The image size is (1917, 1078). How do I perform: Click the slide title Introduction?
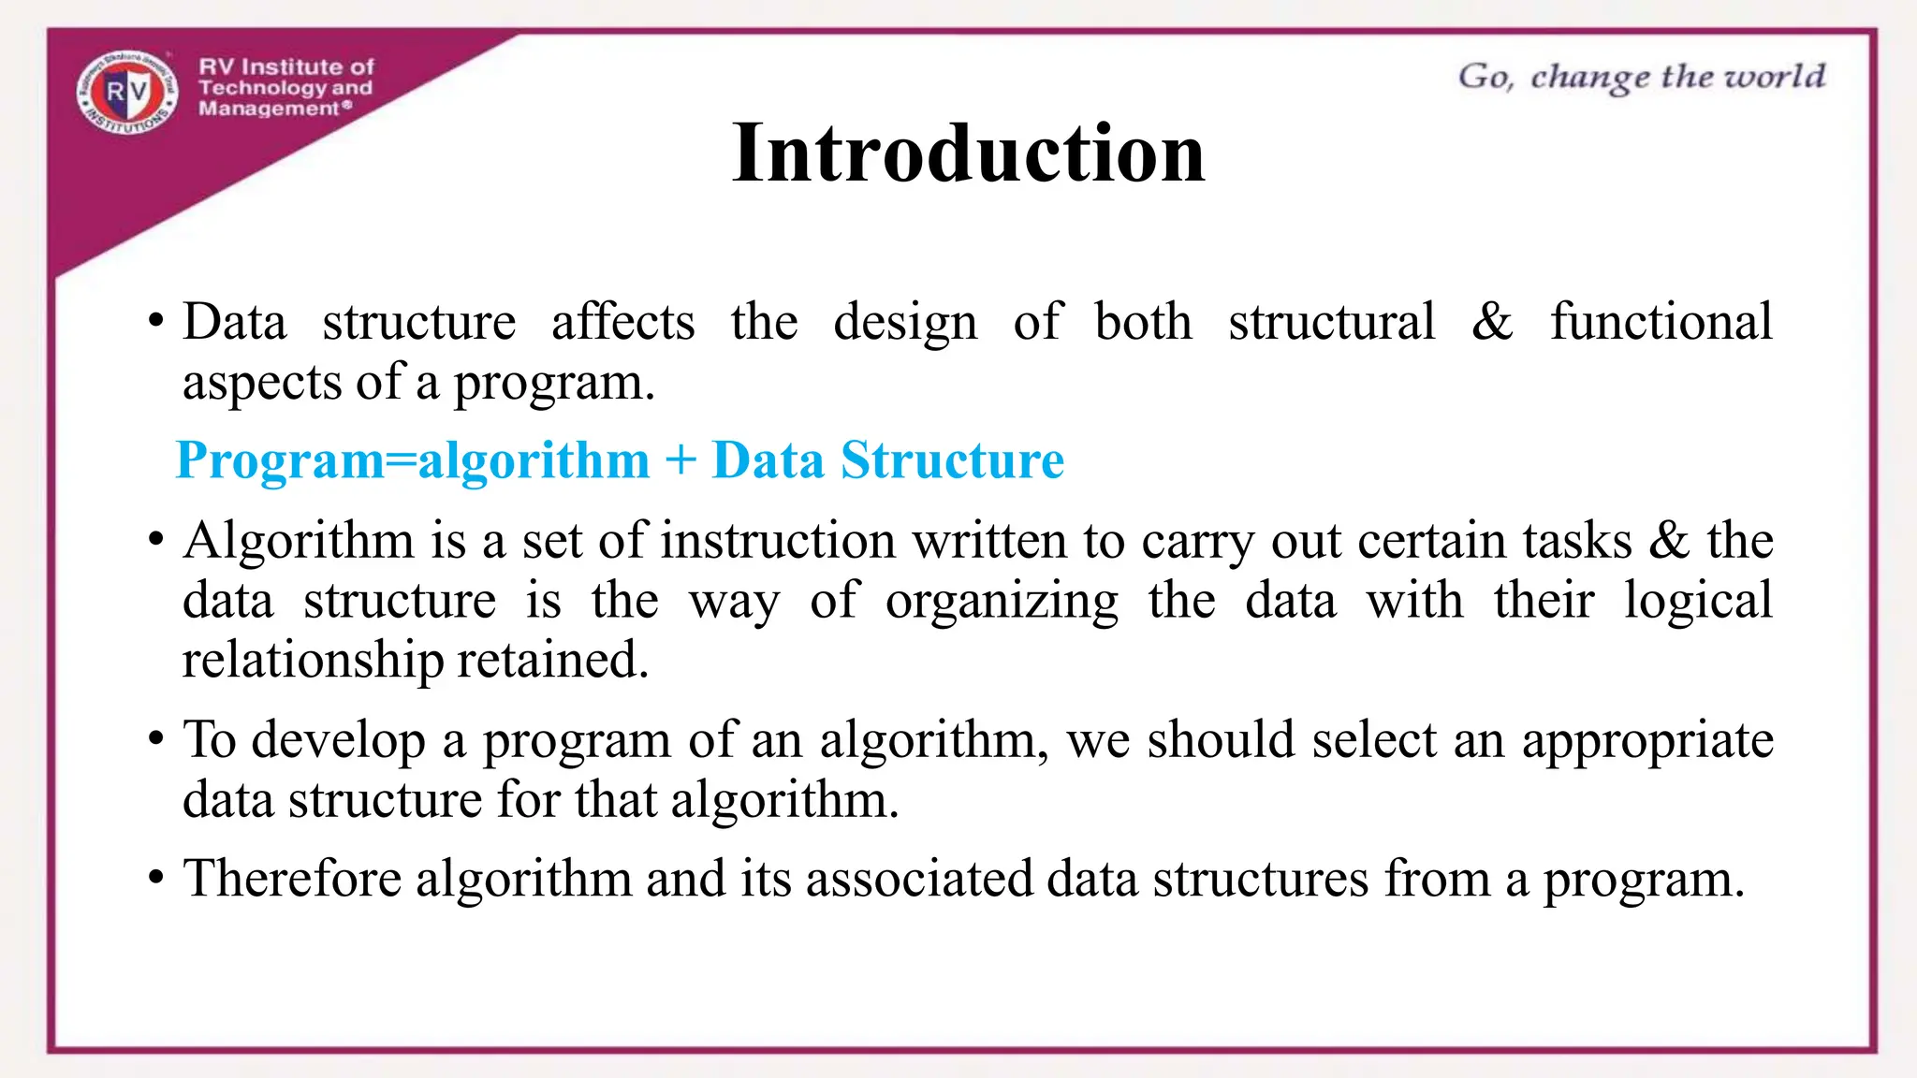pos(968,153)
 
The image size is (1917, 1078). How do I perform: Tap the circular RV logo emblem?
pos(127,92)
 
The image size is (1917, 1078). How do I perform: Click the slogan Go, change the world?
pos(1641,77)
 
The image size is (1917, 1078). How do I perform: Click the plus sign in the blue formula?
pos(680,460)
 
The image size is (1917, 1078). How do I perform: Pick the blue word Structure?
pos(952,460)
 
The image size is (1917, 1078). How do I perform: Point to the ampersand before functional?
pos(1491,322)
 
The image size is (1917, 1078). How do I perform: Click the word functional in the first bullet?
pos(1661,322)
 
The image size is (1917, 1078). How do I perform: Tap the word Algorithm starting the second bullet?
pos(299,541)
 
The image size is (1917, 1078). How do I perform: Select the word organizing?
pos(1002,602)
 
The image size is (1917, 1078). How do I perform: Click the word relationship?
pos(313,660)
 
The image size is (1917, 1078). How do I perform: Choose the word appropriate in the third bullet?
pos(1646,741)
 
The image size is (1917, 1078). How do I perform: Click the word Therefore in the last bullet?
pos(292,879)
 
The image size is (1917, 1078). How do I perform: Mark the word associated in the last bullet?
pos(919,879)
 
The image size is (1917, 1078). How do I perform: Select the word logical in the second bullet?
pos(1697,600)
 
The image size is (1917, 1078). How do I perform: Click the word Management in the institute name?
pos(269,109)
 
